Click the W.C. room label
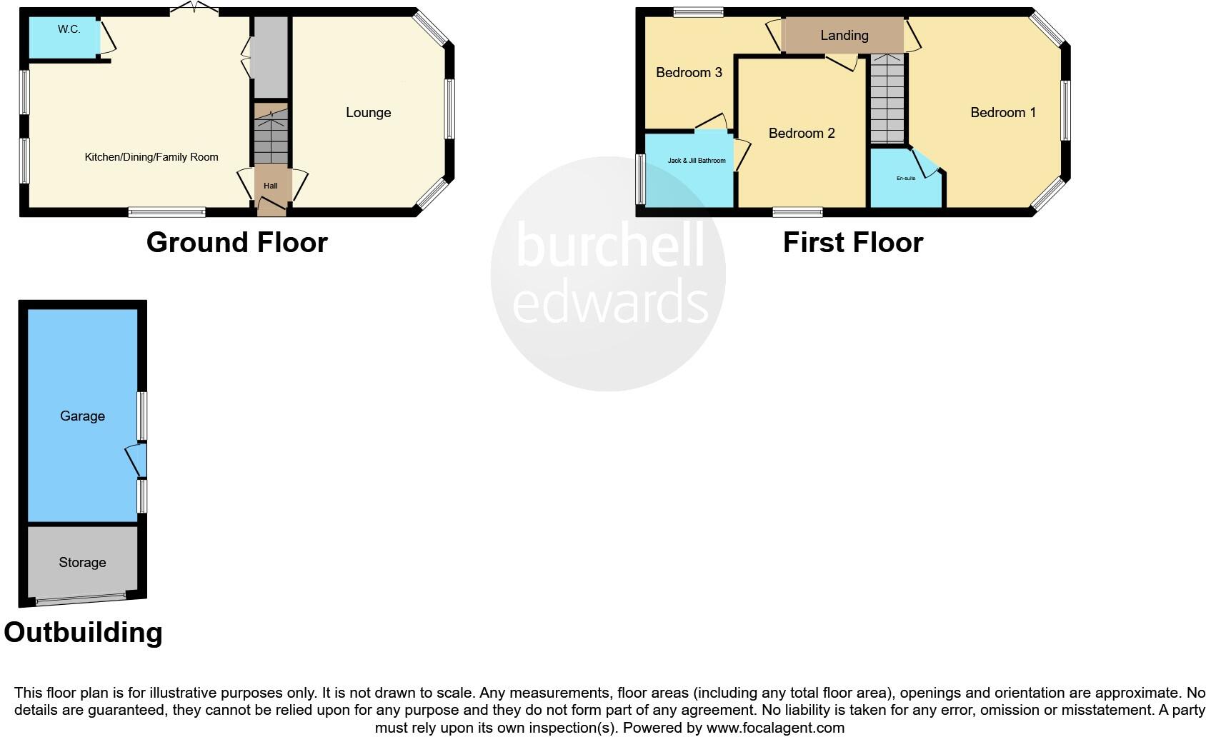(69, 29)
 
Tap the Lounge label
(368, 112)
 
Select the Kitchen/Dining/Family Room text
(151, 157)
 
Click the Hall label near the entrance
(270, 186)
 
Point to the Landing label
(844, 35)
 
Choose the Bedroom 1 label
(1002, 112)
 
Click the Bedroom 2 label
(801, 133)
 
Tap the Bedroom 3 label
(689, 72)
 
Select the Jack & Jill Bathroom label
(696, 161)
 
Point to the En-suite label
(905, 178)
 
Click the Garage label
(82, 416)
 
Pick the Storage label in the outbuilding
(82, 562)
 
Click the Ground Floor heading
(236, 243)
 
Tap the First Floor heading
(852, 243)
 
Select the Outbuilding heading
(83, 633)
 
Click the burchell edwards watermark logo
(608, 274)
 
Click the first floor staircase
(887, 100)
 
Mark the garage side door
(136, 461)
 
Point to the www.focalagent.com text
(775, 728)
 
